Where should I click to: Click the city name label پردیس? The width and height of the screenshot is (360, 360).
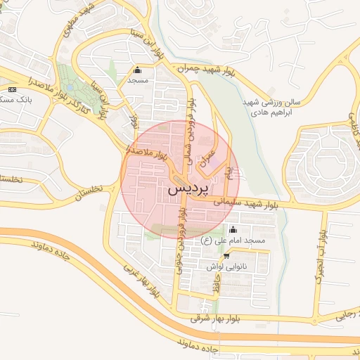pyautogui.click(x=189, y=191)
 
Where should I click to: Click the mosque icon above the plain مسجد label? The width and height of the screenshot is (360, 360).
pyautogui.click(x=136, y=70)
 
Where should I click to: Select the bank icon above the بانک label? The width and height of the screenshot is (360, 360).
pyautogui.click(x=12, y=89)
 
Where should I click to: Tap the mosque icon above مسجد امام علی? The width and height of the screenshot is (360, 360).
pyautogui.click(x=233, y=230)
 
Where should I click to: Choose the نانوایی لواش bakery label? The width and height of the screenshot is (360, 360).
pyautogui.click(x=225, y=266)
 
